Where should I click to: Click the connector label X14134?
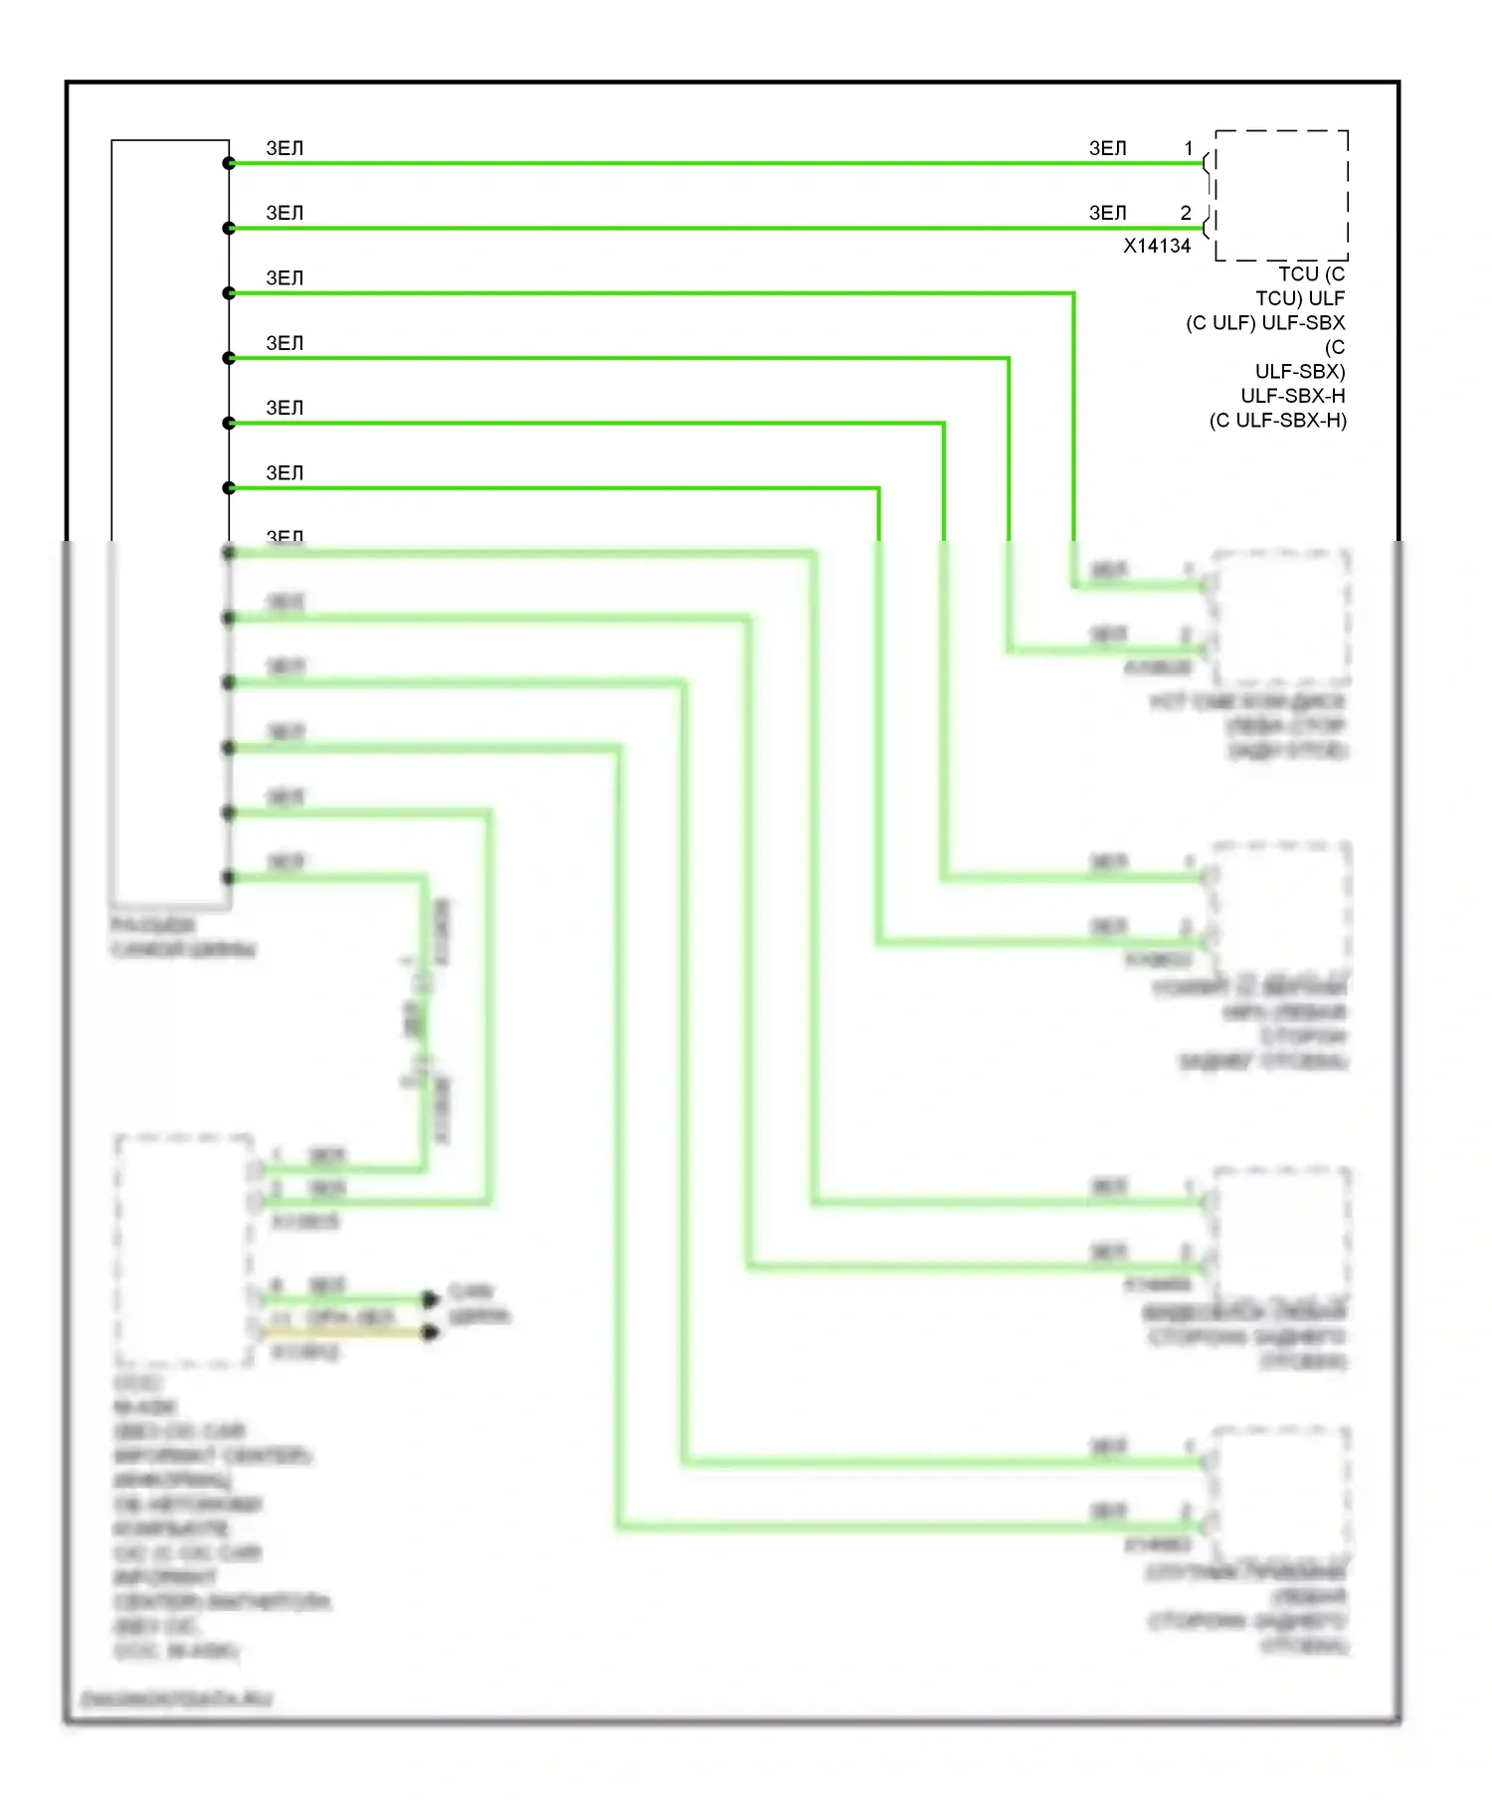(x=1157, y=246)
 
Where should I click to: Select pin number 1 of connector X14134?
(x=1188, y=148)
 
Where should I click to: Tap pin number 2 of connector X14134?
(x=1186, y=213)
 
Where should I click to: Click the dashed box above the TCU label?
(x=1281, y=195)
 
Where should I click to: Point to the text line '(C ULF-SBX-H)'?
(x=1278, y=421)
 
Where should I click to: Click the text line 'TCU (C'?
(x=1311, y=273)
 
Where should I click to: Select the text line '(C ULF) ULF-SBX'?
(x=1265, y=323)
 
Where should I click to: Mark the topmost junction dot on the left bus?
(x=229, y=163)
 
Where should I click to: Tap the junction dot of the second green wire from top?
(x=229, y=229)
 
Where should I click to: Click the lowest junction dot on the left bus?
(x=229, y=877)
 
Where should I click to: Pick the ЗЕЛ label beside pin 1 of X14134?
(x=1108, y=148)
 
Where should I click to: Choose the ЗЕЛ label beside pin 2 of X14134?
(x=1108, y=213)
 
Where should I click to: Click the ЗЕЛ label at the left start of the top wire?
(x=284, y=148)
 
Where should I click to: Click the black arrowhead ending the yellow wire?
(x=430, y=1333)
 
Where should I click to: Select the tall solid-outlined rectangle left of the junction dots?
(x=170, y=522)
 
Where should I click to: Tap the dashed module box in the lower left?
(x=184, y=1250)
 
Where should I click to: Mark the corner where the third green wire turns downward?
(x=1074, y=293)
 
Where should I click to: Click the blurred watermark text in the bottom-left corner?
(x=176, y=1699)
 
